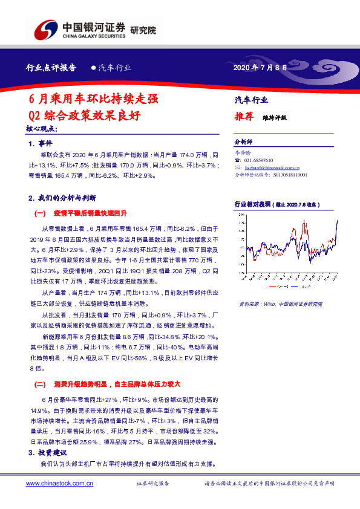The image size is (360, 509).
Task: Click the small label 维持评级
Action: pyautogui.click(x=274, y=118)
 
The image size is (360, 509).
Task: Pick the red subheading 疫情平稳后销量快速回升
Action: pyautogui.click(x=90, y=213)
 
